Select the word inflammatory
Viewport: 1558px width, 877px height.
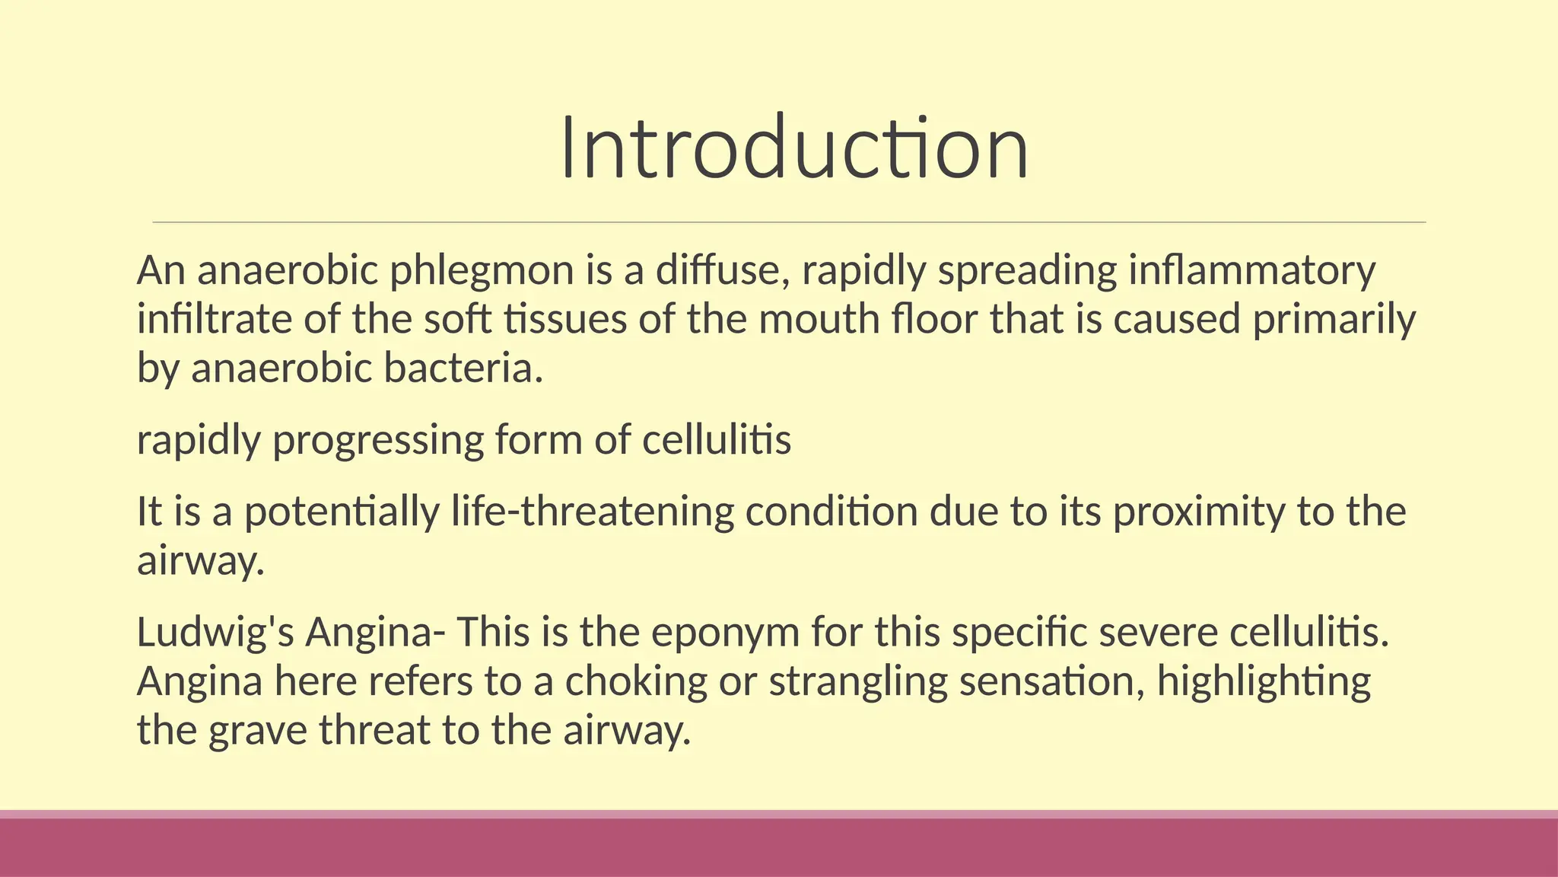(x=1251, y=271)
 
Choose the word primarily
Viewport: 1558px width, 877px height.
(x=1334, y=320)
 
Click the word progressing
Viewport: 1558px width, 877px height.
(x=377, y=441)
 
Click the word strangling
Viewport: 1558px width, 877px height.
(x=858, y=681)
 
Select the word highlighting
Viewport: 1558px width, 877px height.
(x=1264, y=681)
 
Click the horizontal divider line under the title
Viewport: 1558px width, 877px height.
(x=789, y=222)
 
